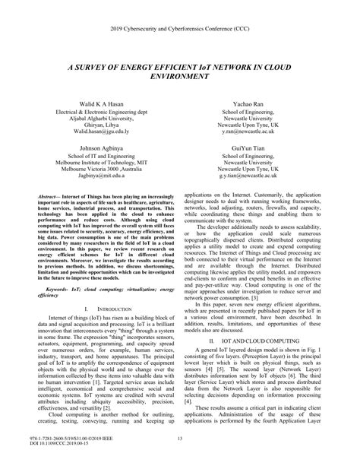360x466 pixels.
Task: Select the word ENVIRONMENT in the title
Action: [x=179, y=78]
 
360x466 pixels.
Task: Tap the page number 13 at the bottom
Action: [x=179, y=439]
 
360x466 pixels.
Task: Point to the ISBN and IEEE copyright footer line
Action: [x=67, y=439]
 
